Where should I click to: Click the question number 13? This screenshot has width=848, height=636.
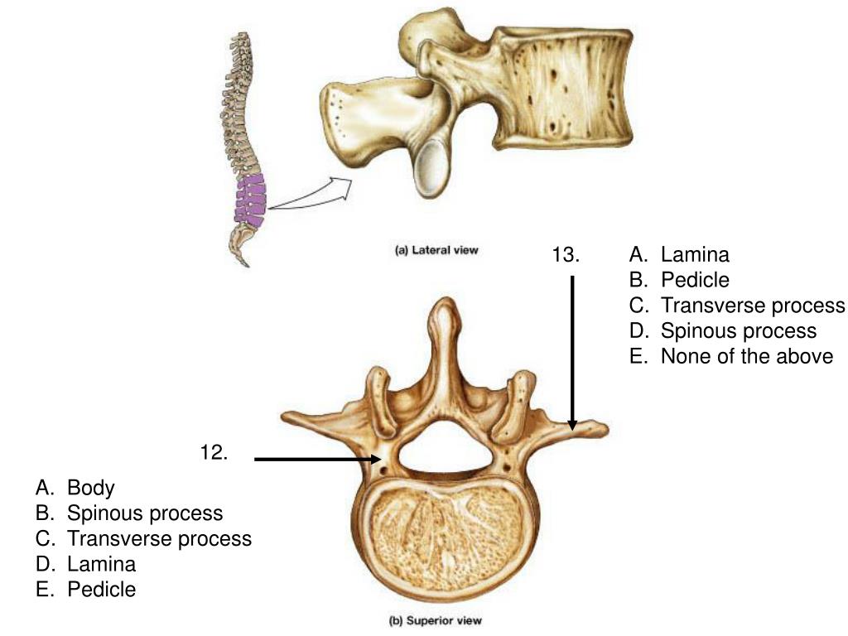pos(566,255)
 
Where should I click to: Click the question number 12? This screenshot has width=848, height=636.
pos(214,453)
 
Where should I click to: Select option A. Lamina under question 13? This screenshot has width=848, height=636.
pos(679,255)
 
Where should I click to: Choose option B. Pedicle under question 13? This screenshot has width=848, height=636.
pos(679,280)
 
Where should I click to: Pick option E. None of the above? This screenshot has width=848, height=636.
pos(730,356)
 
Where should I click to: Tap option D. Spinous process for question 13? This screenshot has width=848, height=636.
pos(722,331)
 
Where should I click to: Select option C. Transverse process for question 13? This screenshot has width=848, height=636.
pos(737,306)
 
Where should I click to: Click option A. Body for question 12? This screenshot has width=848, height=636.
pos(75,488)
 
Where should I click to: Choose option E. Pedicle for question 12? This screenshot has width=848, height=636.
pos(86,590)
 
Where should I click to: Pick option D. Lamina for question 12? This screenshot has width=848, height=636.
pos(86,564)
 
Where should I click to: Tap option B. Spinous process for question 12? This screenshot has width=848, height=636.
pos(129,513)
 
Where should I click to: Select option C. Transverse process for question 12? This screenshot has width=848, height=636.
pos(143,538)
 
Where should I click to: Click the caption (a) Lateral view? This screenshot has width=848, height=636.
pos(436,250)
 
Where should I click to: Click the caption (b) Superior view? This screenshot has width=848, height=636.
pos(436,619)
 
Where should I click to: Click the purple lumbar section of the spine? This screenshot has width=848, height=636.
pos(248,199)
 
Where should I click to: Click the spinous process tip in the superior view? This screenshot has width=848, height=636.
pos(446,307)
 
